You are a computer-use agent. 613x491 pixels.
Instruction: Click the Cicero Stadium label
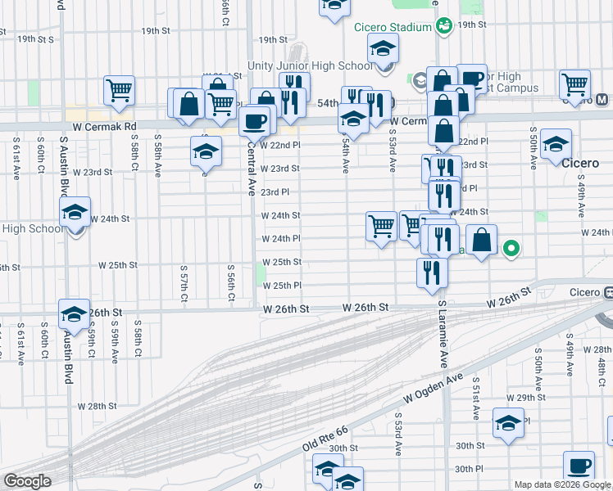(x=393, y=27)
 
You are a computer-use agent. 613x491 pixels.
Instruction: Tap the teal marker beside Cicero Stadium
(x=443, y=26)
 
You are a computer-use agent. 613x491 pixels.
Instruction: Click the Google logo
(x=27, y=481)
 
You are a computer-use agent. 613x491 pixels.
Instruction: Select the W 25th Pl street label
(x=281, y=286)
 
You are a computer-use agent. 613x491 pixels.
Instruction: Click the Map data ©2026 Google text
(x=562, y=484)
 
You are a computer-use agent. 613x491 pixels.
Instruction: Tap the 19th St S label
(x=35, y=38)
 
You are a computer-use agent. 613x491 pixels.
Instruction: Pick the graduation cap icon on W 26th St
(x=74, y=314)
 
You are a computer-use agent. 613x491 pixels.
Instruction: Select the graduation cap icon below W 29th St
(x=508, y=425)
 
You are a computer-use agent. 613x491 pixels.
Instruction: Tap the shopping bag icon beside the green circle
(x=483, y=241)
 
